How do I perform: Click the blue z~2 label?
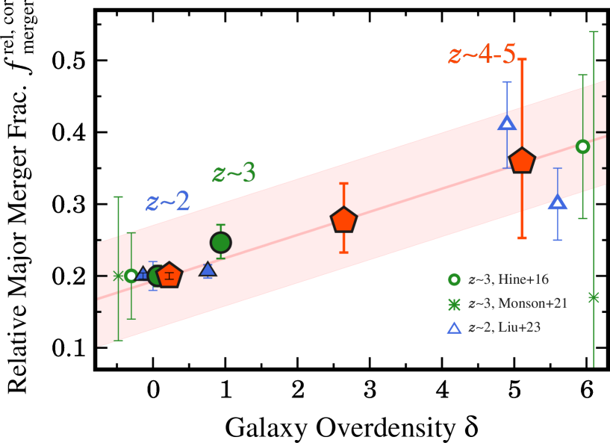click(167, 202)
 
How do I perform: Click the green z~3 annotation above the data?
click(234, 173)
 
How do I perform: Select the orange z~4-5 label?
click(482, 55)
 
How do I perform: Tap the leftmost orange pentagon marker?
click(170, 276)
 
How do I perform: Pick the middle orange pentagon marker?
click(343, 220)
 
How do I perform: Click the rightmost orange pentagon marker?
click(522, 161)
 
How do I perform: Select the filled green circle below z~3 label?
click(220, 242)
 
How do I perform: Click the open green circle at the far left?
click(131, 276)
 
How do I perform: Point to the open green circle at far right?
click(583, 146)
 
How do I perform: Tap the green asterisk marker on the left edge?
click(118, 276)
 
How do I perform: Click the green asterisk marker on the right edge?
click(594, 297)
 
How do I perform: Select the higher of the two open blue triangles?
click(507, 123)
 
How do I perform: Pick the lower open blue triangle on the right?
click(557, 202)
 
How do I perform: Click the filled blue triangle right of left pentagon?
click(208, 269)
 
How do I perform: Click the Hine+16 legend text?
click(508, 279)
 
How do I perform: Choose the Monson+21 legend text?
click(517, 303)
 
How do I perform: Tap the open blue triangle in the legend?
click(453, 327)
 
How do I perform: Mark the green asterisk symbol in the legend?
click(453, 303)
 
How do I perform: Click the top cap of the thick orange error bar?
click(522, 59)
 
